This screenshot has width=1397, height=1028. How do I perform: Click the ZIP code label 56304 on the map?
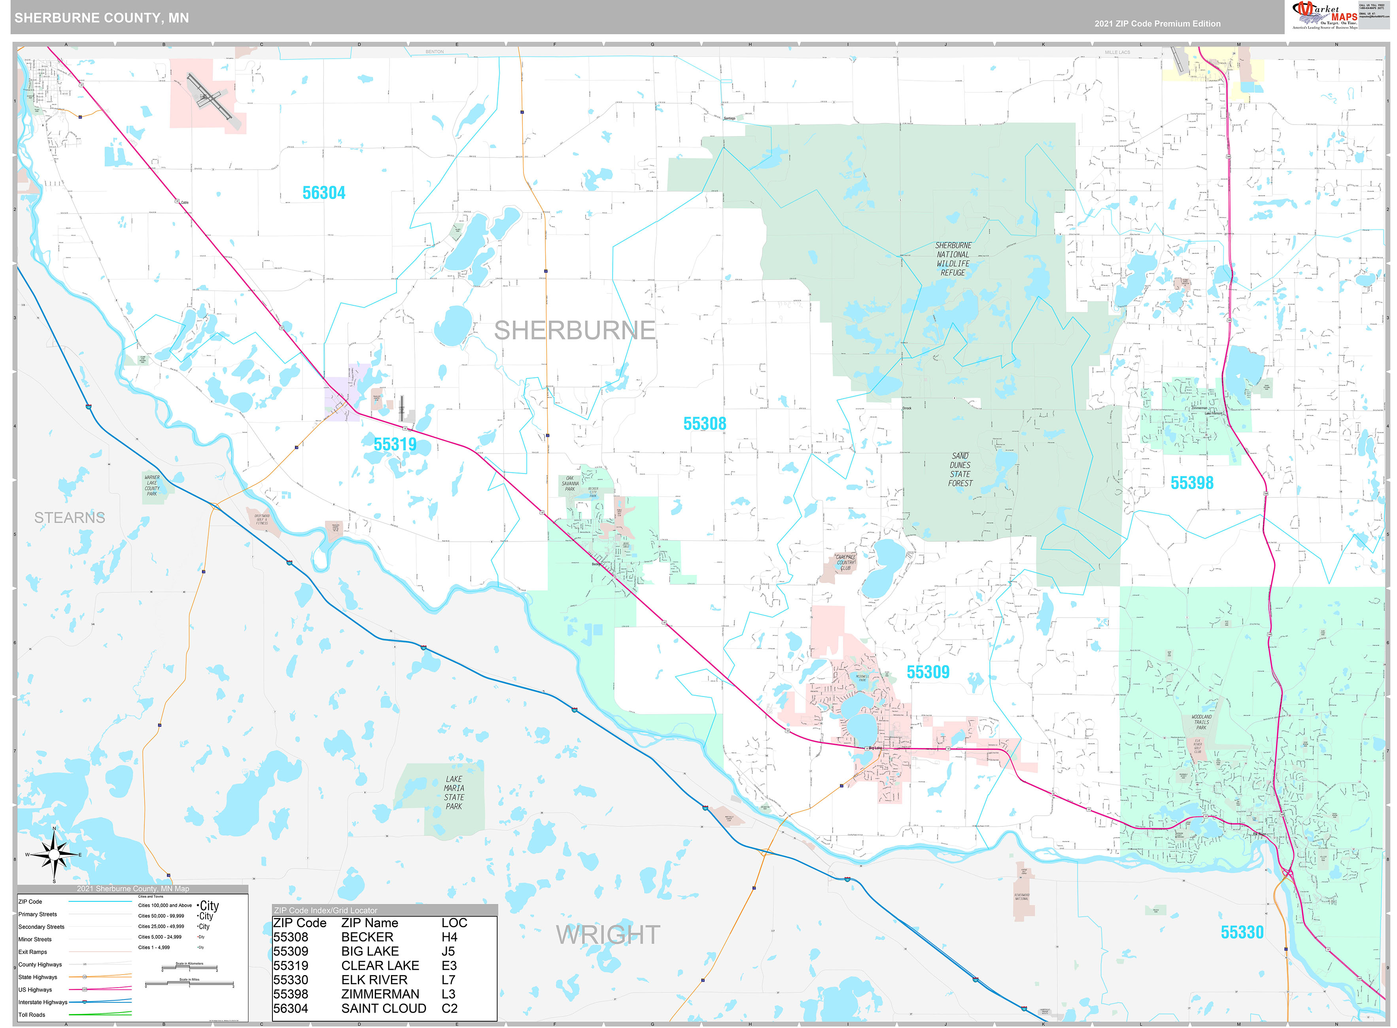pos(323,193)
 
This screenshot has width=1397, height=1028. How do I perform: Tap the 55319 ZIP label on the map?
pos(395,444)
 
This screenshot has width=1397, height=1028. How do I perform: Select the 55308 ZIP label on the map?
pos(704,424)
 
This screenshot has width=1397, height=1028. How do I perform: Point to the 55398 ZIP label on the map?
pos(1192,483)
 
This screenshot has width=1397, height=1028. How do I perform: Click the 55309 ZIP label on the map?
pos(928,672)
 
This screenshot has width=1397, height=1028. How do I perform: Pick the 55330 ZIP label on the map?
pos(1242,932)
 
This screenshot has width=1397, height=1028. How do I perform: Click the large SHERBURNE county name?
pos(575,331)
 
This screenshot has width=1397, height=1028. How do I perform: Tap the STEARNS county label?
pos(70,518)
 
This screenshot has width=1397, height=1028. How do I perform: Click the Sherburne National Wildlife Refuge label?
pos(953,259)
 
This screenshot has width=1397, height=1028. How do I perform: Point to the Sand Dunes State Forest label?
pos(960,469)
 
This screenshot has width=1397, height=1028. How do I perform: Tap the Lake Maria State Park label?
pos(454,792)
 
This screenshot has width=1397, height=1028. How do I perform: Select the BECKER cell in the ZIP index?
pos(367,937)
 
